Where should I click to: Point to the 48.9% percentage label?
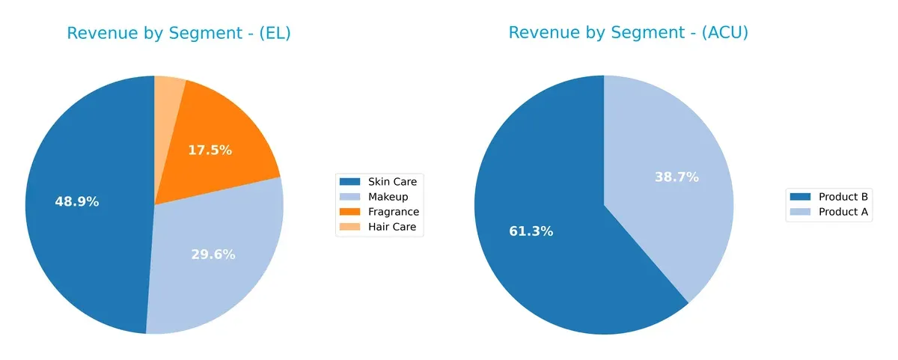tap(76, 202)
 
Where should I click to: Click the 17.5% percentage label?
tap(210, 150)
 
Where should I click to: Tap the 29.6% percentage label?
tap(213, 254)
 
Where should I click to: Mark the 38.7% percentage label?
tap(676, 177)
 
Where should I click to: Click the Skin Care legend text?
tap(392, 182)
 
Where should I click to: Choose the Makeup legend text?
tap(387, 197)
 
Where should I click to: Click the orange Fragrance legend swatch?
tap(349, 212)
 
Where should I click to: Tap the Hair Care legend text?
tap(391, 227)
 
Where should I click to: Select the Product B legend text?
tap(843, 197)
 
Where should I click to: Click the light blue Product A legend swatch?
tap(800, 212)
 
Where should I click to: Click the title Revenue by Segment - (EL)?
tap(179, 33)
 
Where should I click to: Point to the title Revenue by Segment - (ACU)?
tap(629, 33)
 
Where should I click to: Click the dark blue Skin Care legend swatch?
tap(349, 182)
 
